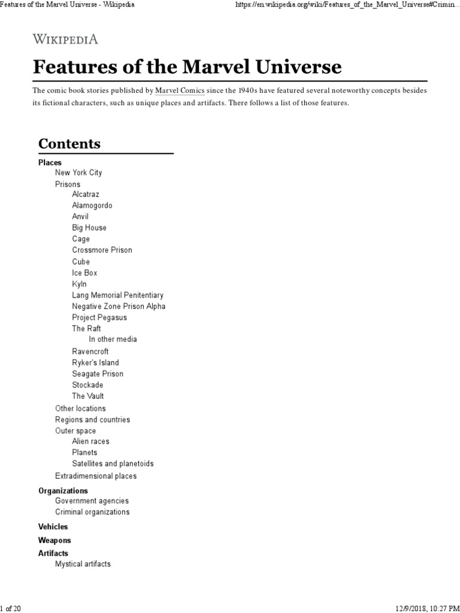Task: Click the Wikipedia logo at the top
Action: click(65, 40)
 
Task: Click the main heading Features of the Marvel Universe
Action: click(187, 66)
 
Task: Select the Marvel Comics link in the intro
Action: click(180, 90)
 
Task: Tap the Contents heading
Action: click(69, 144)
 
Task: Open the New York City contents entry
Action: click(78, 172)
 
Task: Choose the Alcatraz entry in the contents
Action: click(86, 195)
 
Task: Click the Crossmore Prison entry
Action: click(102, 250)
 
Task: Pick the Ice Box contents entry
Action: click(84, 273)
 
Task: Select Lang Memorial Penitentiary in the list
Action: click(117, 295)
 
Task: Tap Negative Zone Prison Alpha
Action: click(119, 306)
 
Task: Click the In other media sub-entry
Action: click(113, 339)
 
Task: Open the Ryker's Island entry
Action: click(95, 363)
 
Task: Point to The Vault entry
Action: click(87, 396)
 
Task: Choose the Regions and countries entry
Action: click(92, 420)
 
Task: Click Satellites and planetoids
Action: click(113, 464)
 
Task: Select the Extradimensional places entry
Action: click(96, 476)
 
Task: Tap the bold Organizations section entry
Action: click(63, 491)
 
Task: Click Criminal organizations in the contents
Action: click(92, 512)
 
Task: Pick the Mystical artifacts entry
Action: click(83, 564)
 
